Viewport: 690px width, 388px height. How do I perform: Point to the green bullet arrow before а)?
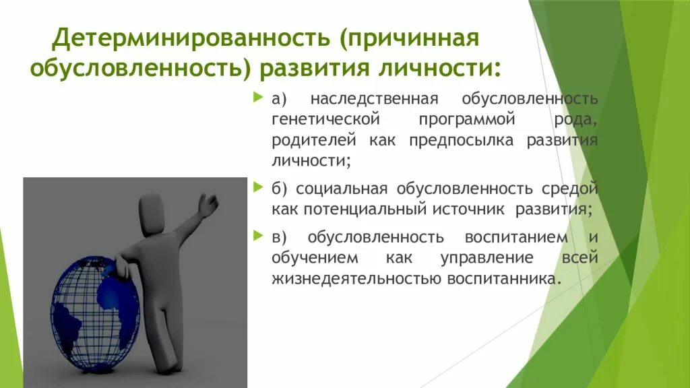tap(258, 98)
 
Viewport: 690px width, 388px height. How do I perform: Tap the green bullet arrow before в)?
tap(258, 236)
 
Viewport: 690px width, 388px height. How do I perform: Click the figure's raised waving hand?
tap(209, 203)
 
